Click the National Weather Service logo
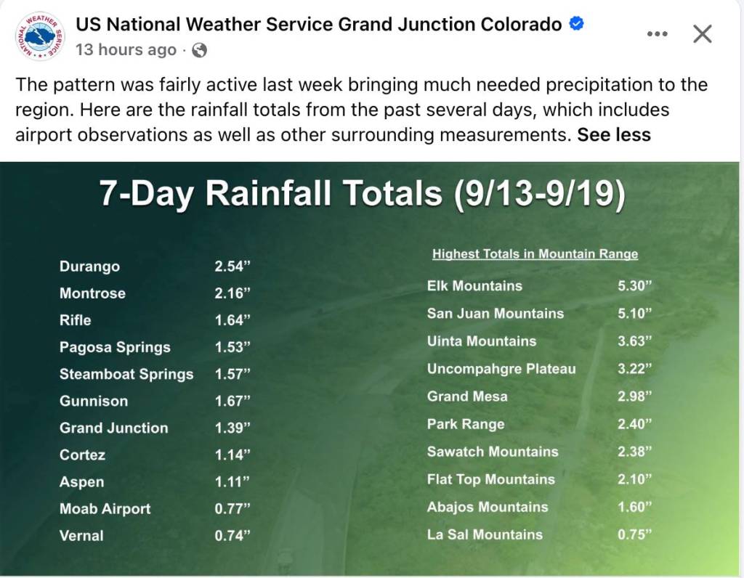[x=40, y=36]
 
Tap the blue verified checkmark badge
[x=576, y=23]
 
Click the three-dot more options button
[x=657, y=33]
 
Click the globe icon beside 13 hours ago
[x=199, y=50]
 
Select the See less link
[x=613, y=134]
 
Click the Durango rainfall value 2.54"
[x=232, y=266]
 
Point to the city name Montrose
[x=92, y=293]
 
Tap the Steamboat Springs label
[x=126, y=374]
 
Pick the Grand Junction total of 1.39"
[x=232, y=428]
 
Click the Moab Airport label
[x=105, y=509]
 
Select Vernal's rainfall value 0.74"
[x=232, y=535]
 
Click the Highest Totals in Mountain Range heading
[x=535, y=254]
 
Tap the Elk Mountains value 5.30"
[x=635, y=285]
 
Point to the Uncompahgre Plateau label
[x=501, y=369]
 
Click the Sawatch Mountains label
[x=493, y=452]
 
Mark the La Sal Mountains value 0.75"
[x=635, y=534]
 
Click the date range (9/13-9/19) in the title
[x=540, y=193]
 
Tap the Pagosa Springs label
[x=115, y=347]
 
